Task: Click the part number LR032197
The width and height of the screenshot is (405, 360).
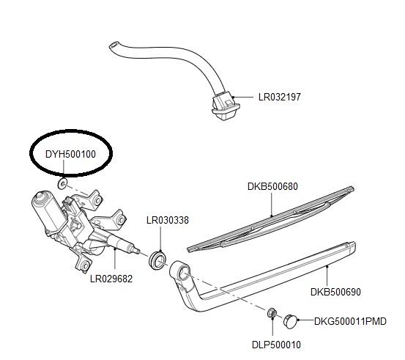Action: pyautogui.click(x=280, y=97)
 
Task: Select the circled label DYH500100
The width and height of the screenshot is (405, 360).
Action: pyautogui.click(x=70, y=154)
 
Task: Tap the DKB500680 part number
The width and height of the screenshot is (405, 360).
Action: pyautogui.click(x=272, y=186)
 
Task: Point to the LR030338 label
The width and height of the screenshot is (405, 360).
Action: pyautogui.click(x=168, y=220)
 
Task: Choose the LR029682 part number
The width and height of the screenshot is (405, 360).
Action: pyautogui.click(x=111, y=279)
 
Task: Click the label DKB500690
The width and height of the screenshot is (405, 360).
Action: pyautogui.click(x=335, y=292)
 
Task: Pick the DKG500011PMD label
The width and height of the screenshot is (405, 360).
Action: pyautogui.click(x=350, y=321)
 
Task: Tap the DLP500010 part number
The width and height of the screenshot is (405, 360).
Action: pyautogui.click(x=276, y=345)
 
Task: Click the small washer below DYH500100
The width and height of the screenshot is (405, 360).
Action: pyautogui.click(x=62, y=183)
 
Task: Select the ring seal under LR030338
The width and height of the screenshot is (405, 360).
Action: pyautogui.click(x=157, y=260)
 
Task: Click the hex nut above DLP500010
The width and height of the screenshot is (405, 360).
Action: pyautogui.click(x=272, y=314)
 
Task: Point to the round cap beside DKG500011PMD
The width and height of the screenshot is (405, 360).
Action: pyautogui.click(x=290, y=320)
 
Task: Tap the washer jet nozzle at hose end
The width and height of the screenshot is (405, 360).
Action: pyautogui.click(x=226, y=106)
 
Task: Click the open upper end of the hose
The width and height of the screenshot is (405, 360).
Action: pyautogui.click(x=113, y=45)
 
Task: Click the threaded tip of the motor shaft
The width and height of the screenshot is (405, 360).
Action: pyautogui.click(x=137, y=250)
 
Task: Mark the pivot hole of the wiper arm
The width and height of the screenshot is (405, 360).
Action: pyautogui.click(x=185, y=273)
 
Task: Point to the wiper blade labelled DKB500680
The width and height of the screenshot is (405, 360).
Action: pyautogui.click(x=270, y=218)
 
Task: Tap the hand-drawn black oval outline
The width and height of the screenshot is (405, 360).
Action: pyautogui.click(x=71, y=131)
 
